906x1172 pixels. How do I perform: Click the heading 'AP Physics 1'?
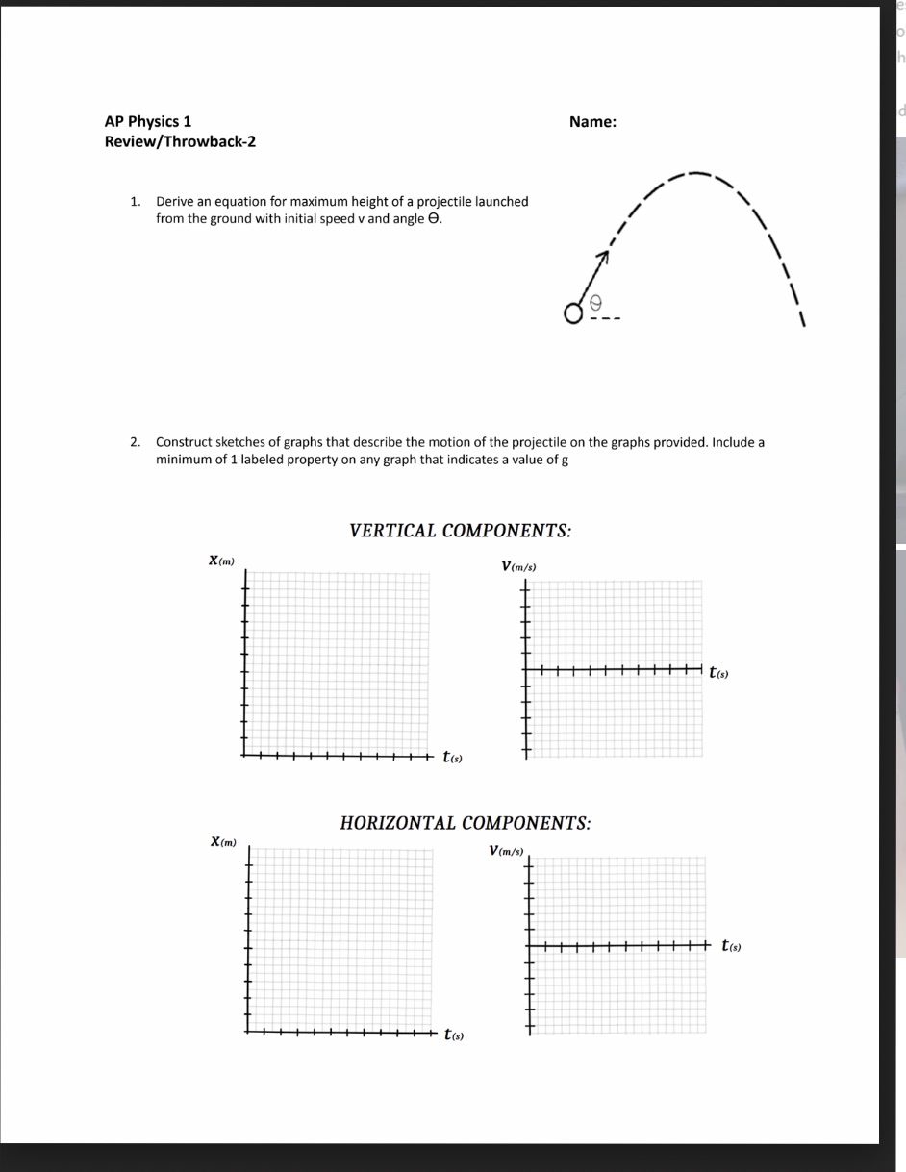coord(147,121)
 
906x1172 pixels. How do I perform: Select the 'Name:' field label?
coord(592,121)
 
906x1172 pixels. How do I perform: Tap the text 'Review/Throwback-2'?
coord(180,142)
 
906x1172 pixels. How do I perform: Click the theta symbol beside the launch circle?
coord(595,302)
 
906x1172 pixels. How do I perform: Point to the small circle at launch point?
coord(574,313)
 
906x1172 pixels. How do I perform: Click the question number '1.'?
coord(137,202)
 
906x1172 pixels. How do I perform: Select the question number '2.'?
coord(137,443)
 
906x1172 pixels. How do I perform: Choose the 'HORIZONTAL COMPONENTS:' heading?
coord(466,823)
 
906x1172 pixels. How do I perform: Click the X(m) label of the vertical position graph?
coord(221,561)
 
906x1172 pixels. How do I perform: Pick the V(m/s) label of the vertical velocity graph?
coord(518,566)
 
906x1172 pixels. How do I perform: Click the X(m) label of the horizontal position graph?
coord(223,842)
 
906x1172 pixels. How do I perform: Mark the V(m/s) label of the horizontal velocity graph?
coord(506,850)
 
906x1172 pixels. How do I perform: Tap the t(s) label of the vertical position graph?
coord(453,758)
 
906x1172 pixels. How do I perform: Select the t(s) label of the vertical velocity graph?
coord(718,672)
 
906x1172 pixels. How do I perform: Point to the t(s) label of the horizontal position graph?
coord(454,1035)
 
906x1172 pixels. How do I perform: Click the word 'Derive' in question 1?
coord(175,202)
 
